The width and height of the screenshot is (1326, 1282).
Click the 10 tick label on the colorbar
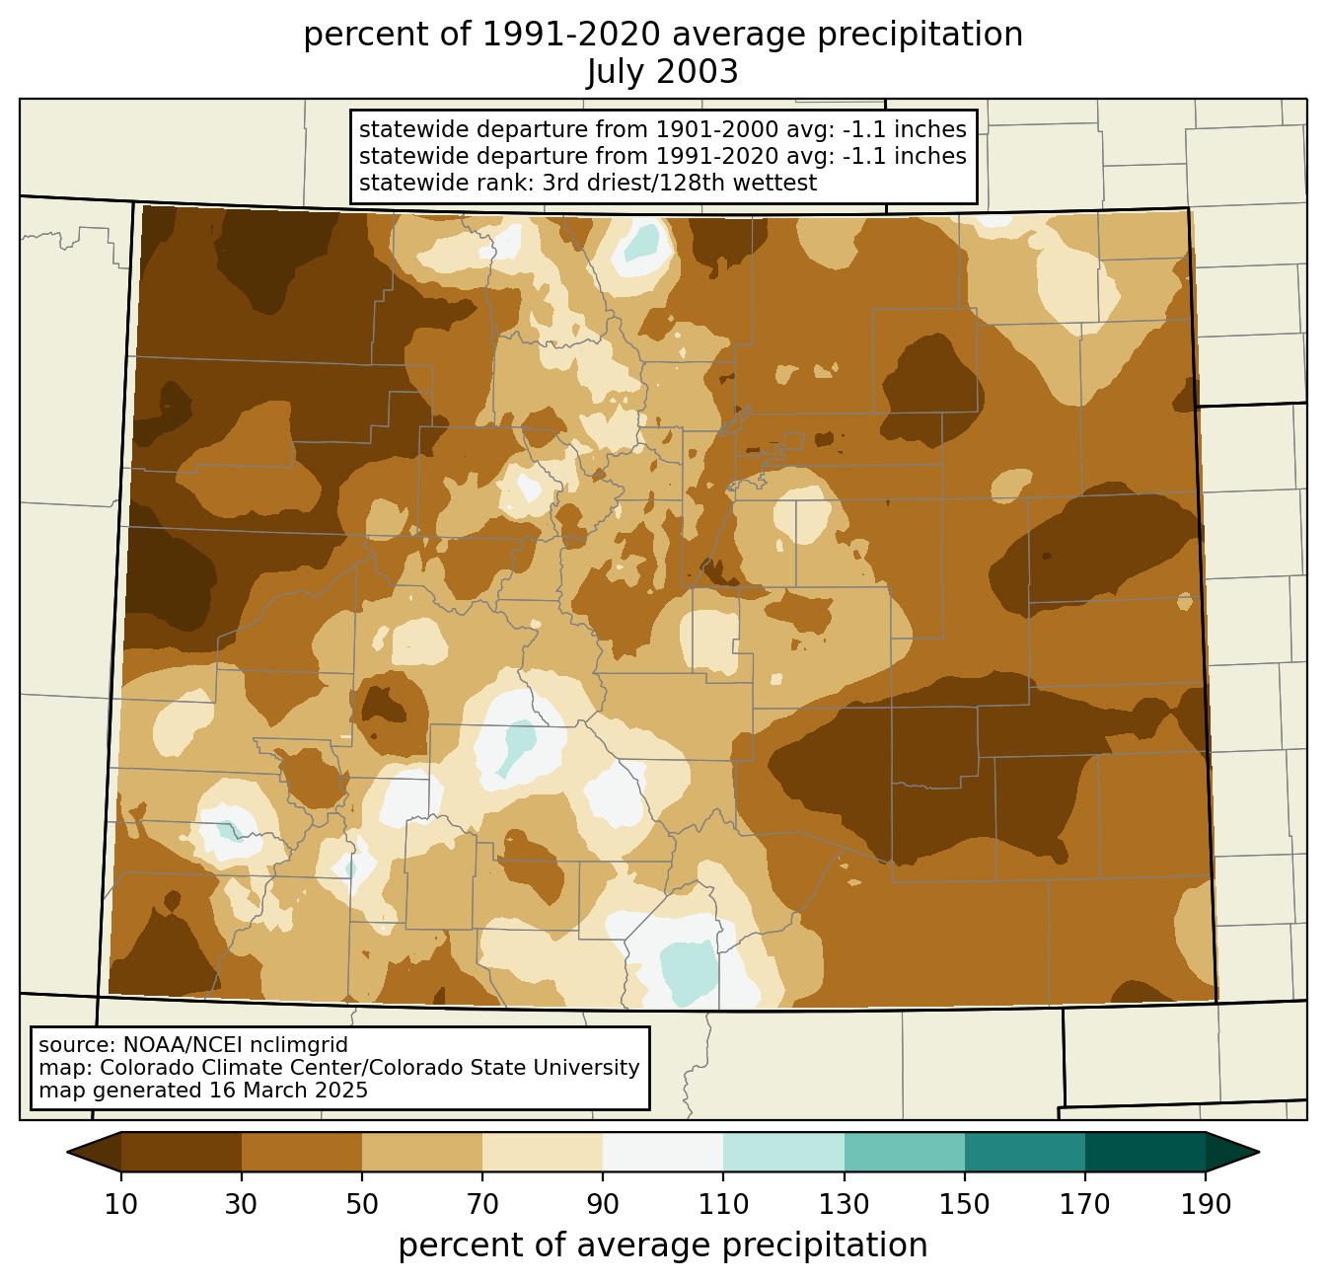[x=120, y=1205]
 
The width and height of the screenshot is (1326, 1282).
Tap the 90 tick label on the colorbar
[x=603, y=1205]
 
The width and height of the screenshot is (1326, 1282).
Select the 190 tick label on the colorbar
[x=1206, y=1205]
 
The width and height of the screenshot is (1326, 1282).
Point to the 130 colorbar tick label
[x=844, y=1205]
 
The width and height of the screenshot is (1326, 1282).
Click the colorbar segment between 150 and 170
[x=1024, y=1153]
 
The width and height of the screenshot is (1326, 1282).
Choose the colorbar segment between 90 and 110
[x=663, y=1153]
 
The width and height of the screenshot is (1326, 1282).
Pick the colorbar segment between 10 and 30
[x=182, y=1153]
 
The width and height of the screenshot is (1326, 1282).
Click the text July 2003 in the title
[x=662, y=72]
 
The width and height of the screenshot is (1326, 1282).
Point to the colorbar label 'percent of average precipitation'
[x=662, y=1245]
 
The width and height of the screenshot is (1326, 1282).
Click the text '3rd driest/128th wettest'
[x=680, y=183]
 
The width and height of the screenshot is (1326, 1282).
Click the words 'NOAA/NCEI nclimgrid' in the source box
[x=235, y=1045]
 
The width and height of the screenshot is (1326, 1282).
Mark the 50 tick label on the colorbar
[x=362, y=1205]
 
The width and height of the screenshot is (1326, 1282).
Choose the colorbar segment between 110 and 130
[x=783, y=1153]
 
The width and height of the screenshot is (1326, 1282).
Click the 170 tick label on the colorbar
[x=1085, y=1205]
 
